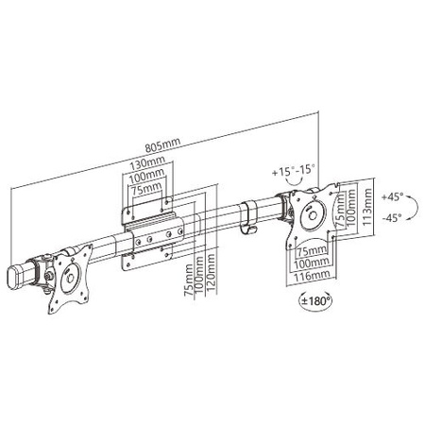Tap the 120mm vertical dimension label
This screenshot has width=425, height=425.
pyautogui.click(x=212, y=274)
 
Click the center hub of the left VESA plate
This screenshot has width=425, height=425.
pyautogui.click(x=70, y=278)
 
